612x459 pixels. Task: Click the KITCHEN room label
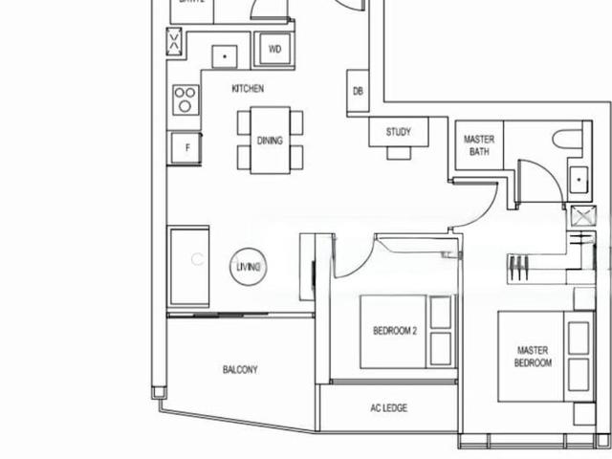(248, 89)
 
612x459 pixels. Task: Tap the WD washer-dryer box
(274, 50)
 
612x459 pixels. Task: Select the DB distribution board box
(358, 92)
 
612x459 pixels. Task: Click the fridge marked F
(186, 147)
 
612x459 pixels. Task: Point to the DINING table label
(270, 141)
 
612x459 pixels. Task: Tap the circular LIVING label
(248, 268)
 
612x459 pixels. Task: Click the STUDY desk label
(399, 132)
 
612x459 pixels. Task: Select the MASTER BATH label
(479, 145)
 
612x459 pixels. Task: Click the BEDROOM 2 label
(395, 332)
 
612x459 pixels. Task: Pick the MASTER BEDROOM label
(533, 357)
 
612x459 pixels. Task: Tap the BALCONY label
(240, 370)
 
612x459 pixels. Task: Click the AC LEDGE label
(388, 408)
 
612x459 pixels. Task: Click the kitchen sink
(225, 56)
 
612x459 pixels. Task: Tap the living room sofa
(188, 268)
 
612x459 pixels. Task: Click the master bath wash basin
(579, 180)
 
